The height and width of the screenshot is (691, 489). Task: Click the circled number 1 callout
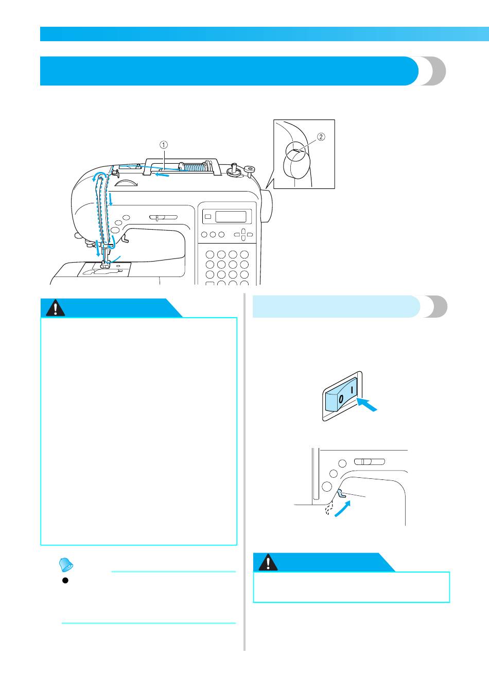[x=164, y=145]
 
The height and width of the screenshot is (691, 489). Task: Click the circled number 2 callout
[x=320, y=137]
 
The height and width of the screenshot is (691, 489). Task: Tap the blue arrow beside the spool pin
[x=162, y=176]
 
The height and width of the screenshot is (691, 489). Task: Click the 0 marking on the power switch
[x=341, y=399]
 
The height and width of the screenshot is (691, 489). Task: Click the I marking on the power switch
[x=353, y=391]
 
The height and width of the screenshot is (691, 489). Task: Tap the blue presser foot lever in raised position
[x=341, y=493]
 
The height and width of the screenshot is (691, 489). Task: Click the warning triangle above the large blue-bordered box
[x=55, y=308]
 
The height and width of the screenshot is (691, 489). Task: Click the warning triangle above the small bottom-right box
[x=268, y=563]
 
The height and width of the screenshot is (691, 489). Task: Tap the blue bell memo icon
[x=66, y=565]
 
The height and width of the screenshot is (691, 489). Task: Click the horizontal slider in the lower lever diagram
[x=369, y=461]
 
